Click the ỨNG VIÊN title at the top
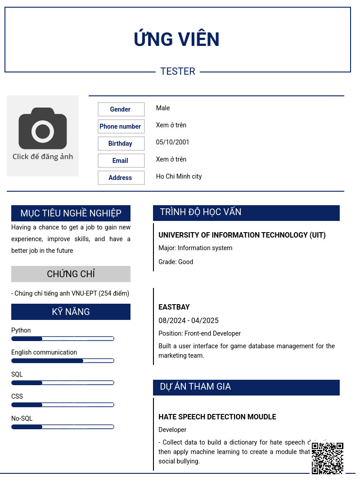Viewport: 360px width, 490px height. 177,40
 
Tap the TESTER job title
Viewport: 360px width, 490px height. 178,72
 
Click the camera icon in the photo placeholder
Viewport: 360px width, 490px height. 43,129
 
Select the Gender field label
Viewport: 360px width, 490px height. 121,109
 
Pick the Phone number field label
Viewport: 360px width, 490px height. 121,126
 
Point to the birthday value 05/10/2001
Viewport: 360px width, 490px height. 173,142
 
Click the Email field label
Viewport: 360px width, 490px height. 121,161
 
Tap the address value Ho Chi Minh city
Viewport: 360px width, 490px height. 179,176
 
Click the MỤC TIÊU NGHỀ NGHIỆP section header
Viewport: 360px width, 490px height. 71,213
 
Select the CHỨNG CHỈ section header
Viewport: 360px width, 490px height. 71,274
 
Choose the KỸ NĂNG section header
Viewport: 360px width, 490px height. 71,312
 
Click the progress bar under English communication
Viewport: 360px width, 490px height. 63,361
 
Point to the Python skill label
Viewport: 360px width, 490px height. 21,330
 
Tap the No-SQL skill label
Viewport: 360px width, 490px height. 22,418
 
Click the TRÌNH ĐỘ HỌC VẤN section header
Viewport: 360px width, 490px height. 201,212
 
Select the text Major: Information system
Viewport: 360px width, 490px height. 195,248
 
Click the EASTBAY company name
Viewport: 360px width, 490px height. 174,307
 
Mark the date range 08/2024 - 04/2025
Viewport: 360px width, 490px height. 189,321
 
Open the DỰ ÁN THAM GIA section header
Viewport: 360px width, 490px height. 195,387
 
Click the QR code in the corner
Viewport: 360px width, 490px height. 328,458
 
